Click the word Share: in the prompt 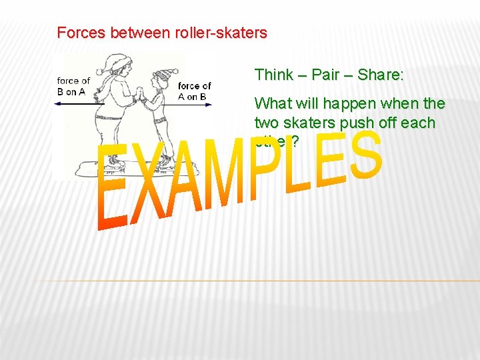point(381,75)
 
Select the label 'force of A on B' point(194,91)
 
